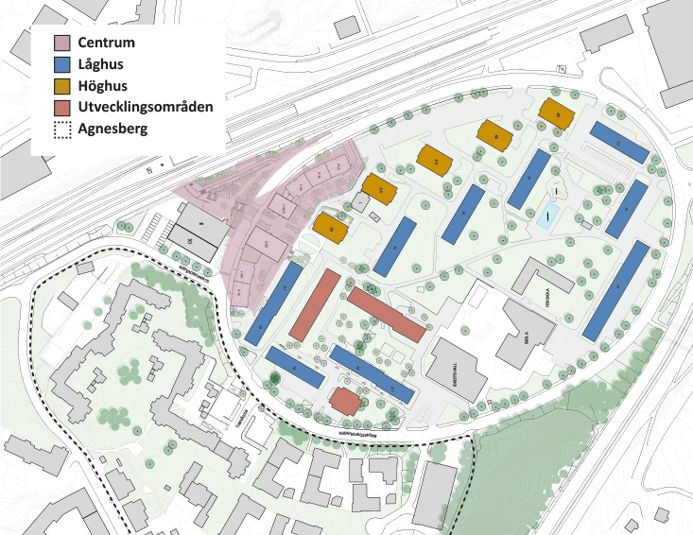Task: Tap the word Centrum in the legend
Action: coord(109,43)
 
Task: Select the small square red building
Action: coord(345,402)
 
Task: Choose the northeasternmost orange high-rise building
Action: coord(557,113)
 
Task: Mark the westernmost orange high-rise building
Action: coord(331,227)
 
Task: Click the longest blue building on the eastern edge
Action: coord(616,290)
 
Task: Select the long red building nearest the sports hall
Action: coord(386,315)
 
